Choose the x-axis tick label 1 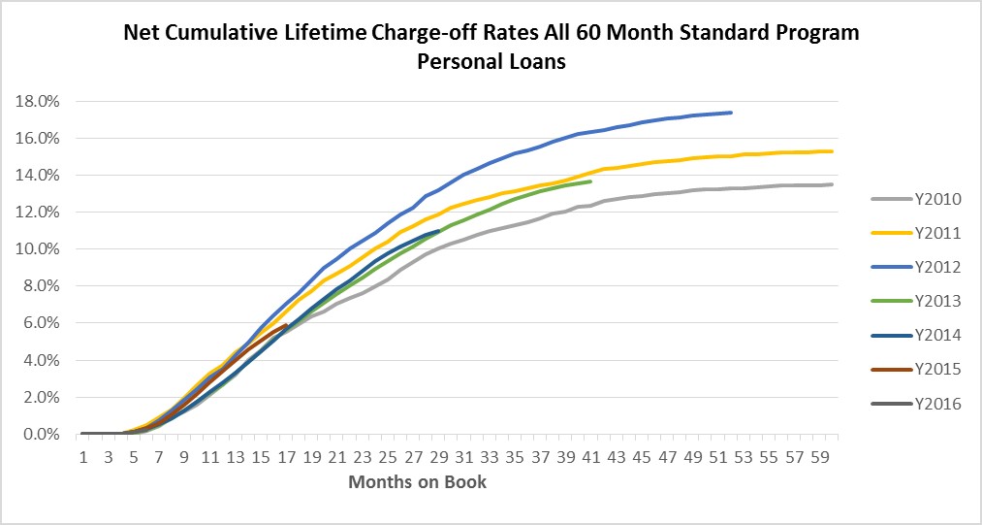84,455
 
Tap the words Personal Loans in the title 491,62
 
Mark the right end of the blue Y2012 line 731,113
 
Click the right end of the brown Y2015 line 287,325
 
